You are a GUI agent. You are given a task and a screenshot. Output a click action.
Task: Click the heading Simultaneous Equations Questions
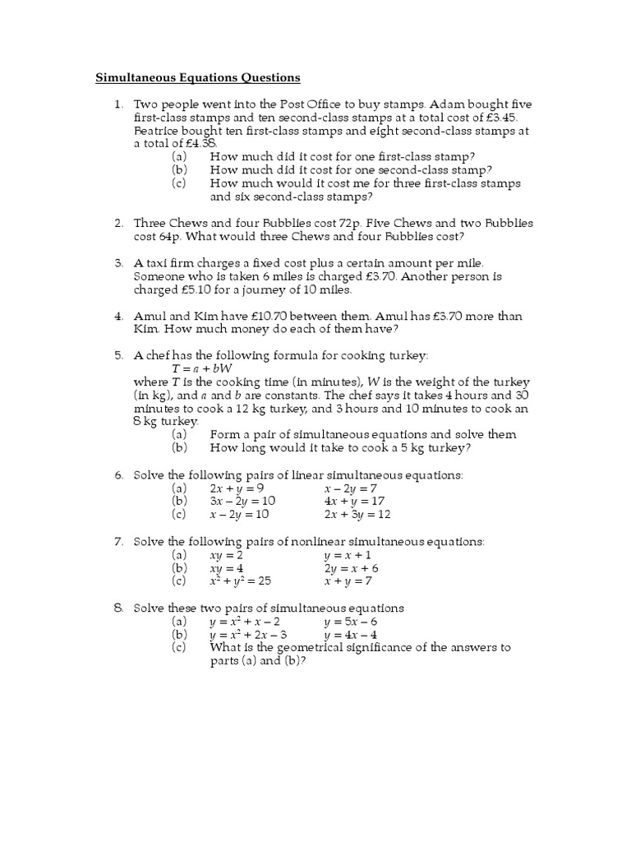tap(198, 78)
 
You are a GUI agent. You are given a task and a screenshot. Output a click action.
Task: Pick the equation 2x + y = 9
tap(240, 488)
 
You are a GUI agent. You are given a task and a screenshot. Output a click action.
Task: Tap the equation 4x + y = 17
tap(354, 501)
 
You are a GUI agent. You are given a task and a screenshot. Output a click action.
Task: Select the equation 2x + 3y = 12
tap(357, 514)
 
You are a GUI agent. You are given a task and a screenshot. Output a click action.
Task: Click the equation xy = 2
tap(227, 555)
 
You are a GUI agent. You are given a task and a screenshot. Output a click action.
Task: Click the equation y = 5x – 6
tap(351, 622)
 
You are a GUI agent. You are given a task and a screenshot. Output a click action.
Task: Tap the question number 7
tap(118, 541)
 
